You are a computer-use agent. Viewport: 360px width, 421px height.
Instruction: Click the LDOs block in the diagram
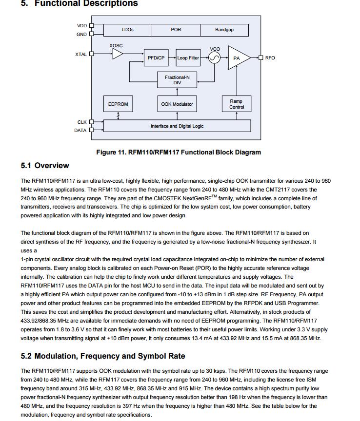coord(127,30)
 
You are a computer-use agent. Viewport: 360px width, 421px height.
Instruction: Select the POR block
coord(176,30)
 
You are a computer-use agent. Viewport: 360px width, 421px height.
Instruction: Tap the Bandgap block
coord(224,30)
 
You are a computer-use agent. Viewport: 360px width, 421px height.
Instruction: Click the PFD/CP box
coord(156,58)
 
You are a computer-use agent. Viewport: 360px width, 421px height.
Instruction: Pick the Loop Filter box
coord(188,58)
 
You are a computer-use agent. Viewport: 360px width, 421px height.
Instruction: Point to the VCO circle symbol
coord(215,58)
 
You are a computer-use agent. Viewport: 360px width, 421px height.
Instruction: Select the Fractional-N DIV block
coord(177,80)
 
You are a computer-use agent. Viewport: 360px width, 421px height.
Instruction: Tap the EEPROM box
coord(118,104)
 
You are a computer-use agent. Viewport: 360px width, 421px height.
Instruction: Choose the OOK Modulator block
coord(177,104)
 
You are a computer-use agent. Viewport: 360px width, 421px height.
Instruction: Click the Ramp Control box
coord(237,104)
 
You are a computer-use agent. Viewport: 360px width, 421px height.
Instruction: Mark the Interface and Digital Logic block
coord(177,126)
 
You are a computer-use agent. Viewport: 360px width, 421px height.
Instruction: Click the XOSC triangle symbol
coord(117,54)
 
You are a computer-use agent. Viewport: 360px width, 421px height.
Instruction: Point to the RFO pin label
coord(270,58)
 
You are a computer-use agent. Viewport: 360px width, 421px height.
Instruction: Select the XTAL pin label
coord(81,55)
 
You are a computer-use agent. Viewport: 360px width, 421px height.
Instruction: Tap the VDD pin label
coord(82,26)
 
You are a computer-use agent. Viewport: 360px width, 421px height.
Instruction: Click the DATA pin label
coord(80,131)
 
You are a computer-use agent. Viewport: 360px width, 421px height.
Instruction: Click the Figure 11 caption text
coord(179,153)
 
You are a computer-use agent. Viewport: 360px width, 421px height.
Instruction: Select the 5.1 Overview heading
coord(45,166)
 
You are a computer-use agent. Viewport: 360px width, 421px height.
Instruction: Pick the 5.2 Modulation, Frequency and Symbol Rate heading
coord(103,356)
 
